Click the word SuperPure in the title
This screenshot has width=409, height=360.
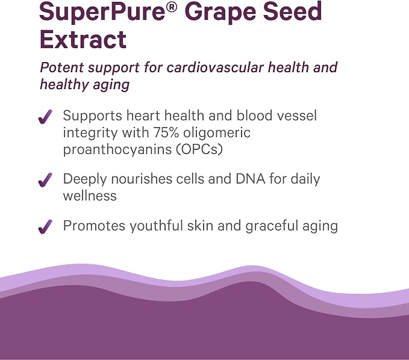pos(102,11)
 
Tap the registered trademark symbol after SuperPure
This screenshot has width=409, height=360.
pos(172,7)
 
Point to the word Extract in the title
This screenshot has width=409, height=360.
pos(83,39)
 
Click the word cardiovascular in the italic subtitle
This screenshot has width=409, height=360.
pos(215,67)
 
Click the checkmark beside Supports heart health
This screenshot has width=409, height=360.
pos(45,117)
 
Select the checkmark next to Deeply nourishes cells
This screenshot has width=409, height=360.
pos(45,180)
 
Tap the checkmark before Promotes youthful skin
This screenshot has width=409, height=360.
pos(45,226)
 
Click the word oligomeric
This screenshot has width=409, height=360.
pos(217,133)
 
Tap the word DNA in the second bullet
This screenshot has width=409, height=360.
pos(251,179)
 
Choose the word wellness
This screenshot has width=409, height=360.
pos(90,196)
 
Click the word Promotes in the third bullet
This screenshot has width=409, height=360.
pos(94,226)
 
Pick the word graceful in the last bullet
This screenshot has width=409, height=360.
pos(272,226)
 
